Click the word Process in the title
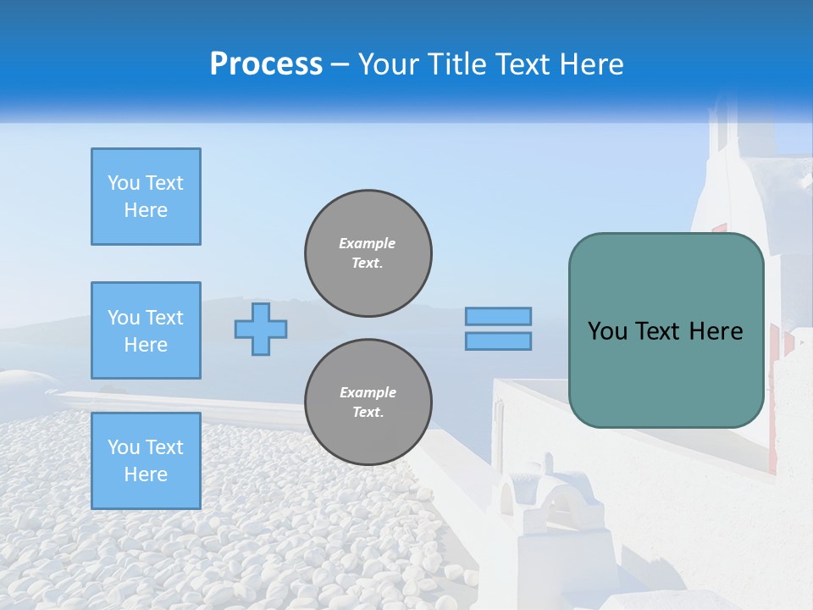click(266, 64)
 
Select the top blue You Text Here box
click(146, 197)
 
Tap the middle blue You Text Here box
click(146, 330)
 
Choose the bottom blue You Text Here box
click(146, 461)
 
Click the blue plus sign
click(261, 329)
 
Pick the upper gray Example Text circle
click(368, 253)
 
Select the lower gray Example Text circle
click(368, 402)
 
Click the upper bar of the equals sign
click(499, 316)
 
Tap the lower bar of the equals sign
click(499, 341)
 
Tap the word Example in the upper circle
click(368, 243)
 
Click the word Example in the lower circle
click(368, 392)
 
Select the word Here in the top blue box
click(146, 210)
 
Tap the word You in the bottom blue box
click(122, 447)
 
